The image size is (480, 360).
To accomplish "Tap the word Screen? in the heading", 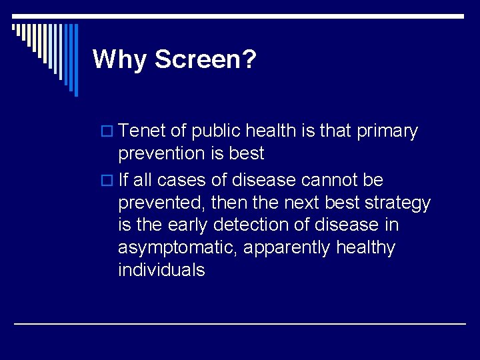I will point(206,59).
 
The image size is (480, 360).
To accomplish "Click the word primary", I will point(388,131).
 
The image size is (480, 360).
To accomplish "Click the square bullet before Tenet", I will point(110,132).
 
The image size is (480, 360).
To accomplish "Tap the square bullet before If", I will point(110,181).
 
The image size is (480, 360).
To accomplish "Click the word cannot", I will point(335,180).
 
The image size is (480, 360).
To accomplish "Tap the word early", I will point(195,225).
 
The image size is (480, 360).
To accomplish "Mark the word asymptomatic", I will point(177,248).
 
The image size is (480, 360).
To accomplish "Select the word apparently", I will point(287,248).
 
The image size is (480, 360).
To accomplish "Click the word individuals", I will point(161,270).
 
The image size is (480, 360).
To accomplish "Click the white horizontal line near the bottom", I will point(240,323).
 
